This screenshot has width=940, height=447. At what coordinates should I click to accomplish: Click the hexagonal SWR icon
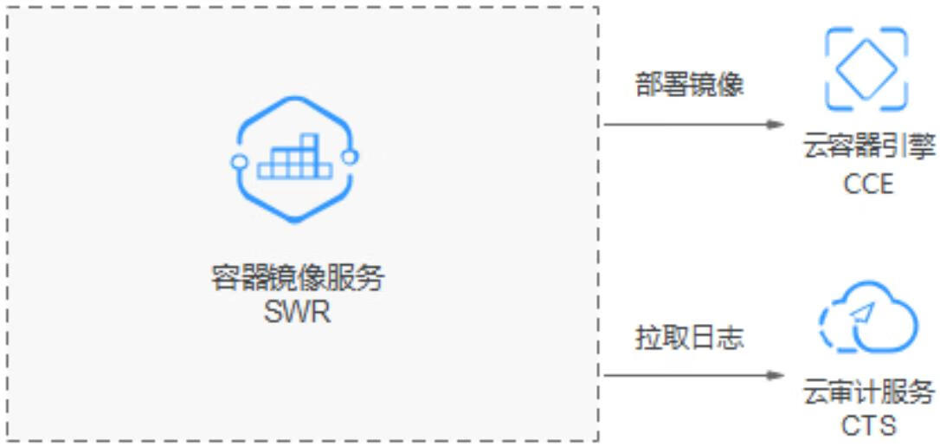coord(295,159)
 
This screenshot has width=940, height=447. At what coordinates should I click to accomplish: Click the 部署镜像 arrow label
coord(690,86)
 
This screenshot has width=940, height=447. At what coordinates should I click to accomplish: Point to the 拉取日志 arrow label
coord(690,338)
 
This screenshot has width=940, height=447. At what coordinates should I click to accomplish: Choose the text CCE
coord(868,183)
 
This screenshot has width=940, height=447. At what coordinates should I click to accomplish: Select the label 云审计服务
coord(868,391)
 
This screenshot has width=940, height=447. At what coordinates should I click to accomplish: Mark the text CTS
coord(868,425)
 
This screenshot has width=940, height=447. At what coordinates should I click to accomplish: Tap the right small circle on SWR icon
coord(351,157)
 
